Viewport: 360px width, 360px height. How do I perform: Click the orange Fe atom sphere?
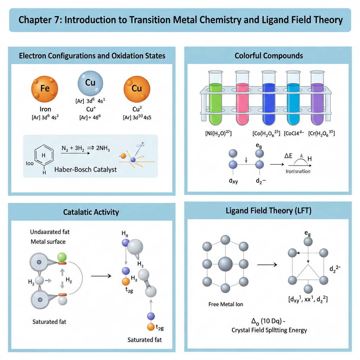(45, 89)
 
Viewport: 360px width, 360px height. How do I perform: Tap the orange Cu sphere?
(136, 89)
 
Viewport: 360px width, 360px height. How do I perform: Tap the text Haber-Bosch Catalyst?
(85, 169)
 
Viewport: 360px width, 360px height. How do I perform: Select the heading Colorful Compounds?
(269, 56)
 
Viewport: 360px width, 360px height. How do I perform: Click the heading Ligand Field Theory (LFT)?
(269, 211)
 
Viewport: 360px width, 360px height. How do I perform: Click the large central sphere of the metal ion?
(225, 264)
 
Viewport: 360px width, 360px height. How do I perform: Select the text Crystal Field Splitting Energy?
(269, 330)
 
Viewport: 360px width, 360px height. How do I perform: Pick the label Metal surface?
(48, 242)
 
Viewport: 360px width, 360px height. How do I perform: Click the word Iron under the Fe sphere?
(45, 109)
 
